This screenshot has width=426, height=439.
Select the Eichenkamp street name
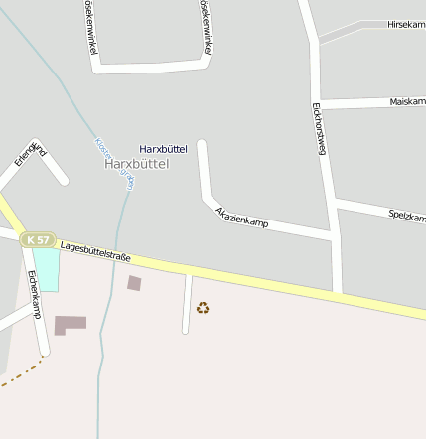35,294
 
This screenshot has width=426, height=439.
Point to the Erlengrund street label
29,155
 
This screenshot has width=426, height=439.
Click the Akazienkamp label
242,218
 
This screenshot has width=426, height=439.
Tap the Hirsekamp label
406,23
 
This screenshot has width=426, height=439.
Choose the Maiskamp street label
407,101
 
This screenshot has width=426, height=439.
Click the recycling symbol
203,308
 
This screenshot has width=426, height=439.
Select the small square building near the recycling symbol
134,283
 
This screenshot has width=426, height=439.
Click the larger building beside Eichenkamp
70,325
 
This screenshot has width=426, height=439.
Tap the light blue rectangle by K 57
47,269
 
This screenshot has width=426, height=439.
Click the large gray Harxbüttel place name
137,164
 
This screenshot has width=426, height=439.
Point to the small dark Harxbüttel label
163,148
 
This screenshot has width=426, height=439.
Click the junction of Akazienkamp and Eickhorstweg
331,235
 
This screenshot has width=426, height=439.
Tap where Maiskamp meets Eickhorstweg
323,103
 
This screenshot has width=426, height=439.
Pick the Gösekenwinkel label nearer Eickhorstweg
206,27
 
